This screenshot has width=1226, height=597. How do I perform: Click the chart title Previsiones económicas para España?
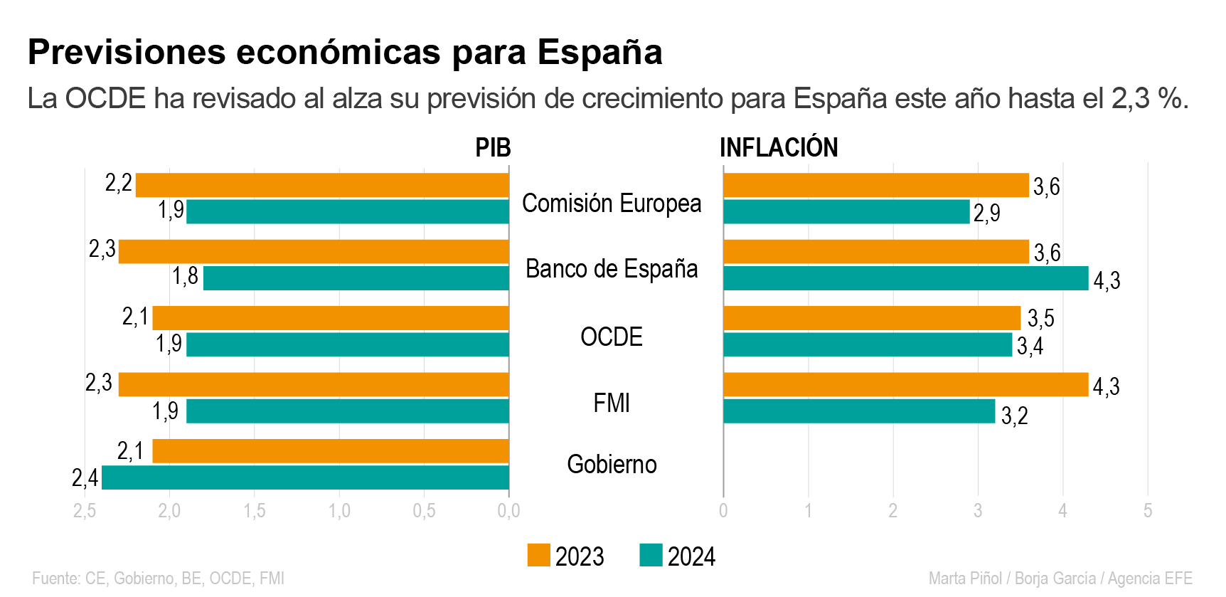click(x=345, y=52)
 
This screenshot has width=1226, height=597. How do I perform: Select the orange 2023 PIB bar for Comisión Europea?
click(x=322, y=185)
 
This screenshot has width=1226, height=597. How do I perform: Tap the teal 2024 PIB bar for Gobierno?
click(x=306, y=477)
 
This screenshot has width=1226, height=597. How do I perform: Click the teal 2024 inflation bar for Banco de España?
click(x=905, y=278)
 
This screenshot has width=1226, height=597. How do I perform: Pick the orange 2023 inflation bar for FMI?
click(x=905, y=384)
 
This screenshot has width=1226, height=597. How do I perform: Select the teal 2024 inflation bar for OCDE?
click(x=868, y=345)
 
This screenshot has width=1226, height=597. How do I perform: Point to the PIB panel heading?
click(x=493, y=148)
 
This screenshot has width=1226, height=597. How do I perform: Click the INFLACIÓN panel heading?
click(x=779, y=148)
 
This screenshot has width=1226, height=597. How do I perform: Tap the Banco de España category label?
click(x=612, y=269)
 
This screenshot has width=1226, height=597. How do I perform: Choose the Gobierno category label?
click(x=612, y=465)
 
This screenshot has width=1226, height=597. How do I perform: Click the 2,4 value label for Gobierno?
click(x=85, y=478)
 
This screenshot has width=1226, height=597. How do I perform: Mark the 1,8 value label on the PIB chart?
click(x=185, y=276)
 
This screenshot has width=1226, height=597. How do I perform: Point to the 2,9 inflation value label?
click(x=986, y=213)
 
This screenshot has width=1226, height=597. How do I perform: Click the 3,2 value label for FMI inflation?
click(x=1014, y=416)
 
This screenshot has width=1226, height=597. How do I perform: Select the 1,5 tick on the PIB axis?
click(x=255, y=511)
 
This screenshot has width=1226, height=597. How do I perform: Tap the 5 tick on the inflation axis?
click(x=1147, y=511)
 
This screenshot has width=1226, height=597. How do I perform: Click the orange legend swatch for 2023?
click(x=538, y=555)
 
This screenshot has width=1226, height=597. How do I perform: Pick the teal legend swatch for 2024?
click(x=651, y=555)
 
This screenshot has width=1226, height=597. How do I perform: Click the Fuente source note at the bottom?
click(x=158, y=578)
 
